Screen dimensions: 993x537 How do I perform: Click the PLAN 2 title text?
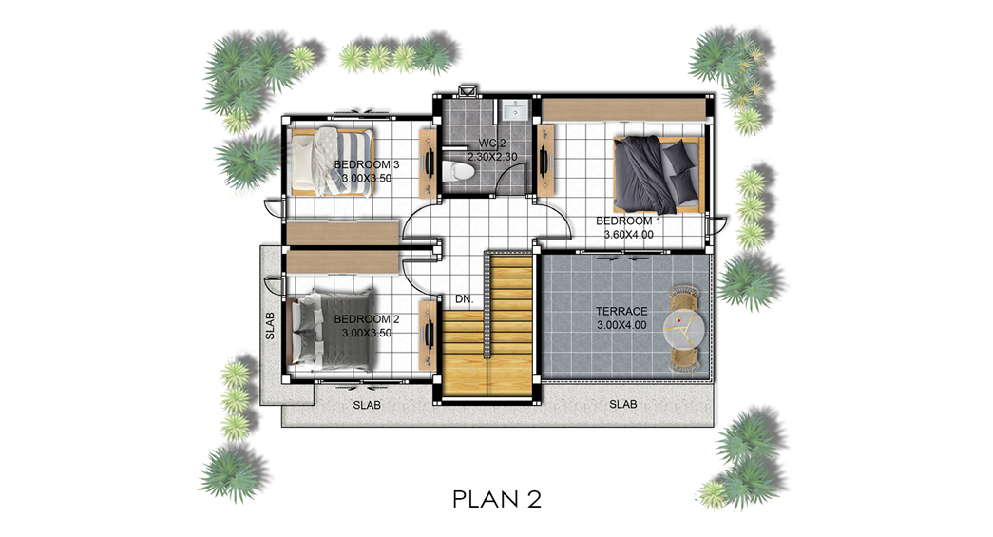[497, 499]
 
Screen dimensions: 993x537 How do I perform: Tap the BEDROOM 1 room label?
[628, 221]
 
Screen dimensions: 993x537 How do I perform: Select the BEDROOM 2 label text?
[367, 319]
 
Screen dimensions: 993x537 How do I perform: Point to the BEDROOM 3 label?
[367, 164]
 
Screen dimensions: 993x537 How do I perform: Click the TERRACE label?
[621, 312]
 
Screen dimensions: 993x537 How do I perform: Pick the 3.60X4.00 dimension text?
[628, 235]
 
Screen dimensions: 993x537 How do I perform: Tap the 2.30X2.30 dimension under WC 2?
[492, 157]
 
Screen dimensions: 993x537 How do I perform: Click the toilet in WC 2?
[458, 171]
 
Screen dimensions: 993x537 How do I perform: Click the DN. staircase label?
[465, 298]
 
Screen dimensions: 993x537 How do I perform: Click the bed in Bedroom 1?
[659, 175]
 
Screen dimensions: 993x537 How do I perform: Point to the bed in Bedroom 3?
[332, 162]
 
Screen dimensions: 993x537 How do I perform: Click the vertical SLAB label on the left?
[270, 325]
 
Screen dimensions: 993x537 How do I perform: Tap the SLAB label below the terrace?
[623, 404]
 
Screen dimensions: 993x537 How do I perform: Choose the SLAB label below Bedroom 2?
[367, 405]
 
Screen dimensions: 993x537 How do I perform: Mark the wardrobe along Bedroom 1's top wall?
[623, 108]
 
